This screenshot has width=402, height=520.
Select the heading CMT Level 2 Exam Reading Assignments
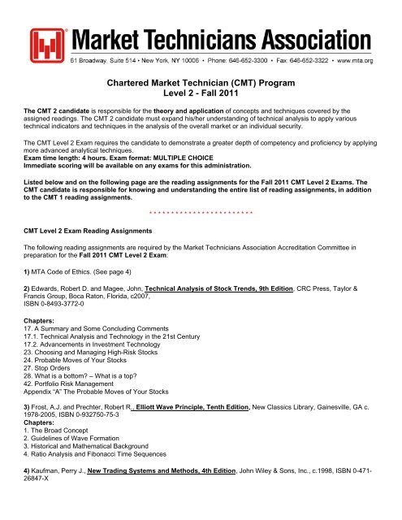[x=89, y=230]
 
